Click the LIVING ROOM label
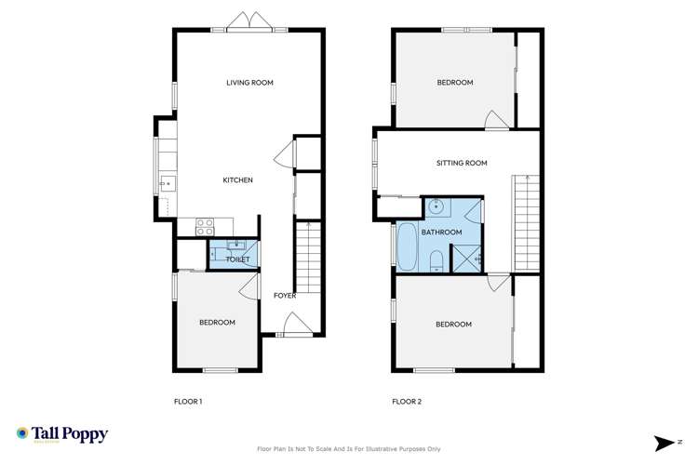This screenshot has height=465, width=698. tap(249, 83)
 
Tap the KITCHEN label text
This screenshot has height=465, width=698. tap(237, 179)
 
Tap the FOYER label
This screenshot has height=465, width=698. tap(284, 296)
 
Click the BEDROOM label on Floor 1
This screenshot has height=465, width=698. tap(217, 323)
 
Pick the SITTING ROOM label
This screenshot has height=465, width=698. tap(462, 163)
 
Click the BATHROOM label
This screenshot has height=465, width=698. tap(441, 232)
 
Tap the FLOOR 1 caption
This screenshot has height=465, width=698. tap(188, 402)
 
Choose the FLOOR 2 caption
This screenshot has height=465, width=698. tap(407, 402)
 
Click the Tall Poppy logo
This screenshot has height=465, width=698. tap(62, 434)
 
